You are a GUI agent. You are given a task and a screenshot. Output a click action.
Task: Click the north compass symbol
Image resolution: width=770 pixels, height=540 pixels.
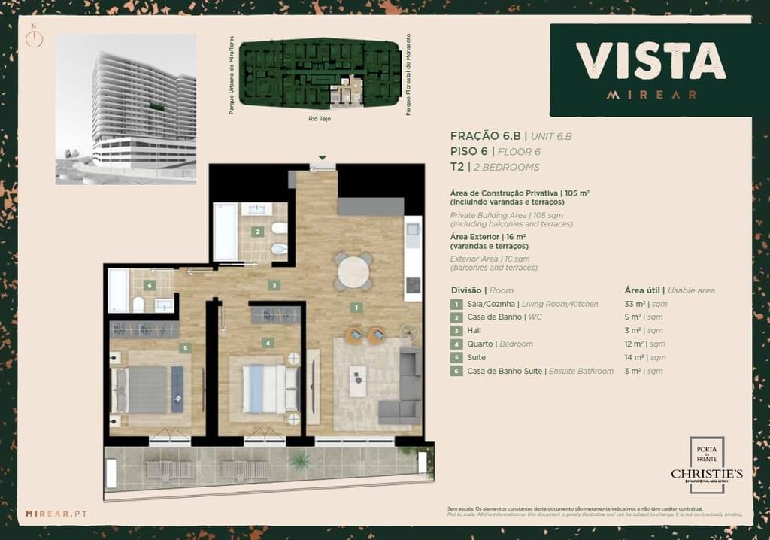34,38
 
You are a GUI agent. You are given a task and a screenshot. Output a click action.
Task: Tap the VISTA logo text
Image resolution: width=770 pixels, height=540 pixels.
650,61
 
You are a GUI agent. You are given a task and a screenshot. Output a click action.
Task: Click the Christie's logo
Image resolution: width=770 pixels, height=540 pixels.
706,473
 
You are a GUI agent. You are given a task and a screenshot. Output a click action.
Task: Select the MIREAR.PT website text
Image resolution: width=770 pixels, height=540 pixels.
56,514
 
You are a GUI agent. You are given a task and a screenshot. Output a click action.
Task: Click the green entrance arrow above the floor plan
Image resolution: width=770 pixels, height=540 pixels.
322,158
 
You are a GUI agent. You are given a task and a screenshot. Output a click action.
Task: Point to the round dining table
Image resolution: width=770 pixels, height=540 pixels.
353,272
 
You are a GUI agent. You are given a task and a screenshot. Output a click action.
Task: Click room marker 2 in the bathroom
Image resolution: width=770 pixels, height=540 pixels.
257,232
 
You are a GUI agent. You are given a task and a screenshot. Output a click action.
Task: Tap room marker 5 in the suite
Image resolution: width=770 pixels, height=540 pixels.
184,348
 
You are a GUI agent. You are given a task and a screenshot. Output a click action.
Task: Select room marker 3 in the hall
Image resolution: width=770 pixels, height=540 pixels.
275,286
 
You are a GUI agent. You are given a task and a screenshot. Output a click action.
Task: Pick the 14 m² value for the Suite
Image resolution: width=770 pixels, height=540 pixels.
635,358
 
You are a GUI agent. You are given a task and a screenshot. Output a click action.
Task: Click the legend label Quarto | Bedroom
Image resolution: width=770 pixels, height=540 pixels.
499,344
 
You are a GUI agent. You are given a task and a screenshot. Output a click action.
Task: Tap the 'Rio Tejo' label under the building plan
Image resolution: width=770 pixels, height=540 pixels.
320,118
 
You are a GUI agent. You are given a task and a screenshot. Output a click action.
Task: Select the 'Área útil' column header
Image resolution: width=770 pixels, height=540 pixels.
644,290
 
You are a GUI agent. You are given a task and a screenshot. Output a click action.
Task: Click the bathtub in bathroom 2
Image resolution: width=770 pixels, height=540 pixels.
225,232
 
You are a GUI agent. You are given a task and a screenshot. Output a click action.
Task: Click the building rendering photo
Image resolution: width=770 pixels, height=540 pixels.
126,108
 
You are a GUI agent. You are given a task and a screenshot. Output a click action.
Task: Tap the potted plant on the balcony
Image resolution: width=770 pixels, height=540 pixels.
301,460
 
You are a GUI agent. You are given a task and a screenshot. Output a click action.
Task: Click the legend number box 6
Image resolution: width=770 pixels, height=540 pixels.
456,372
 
